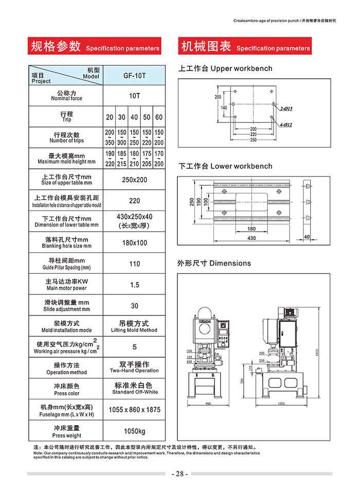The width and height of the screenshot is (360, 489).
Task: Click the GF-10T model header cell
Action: click(134, 75)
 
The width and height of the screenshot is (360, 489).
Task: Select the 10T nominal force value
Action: click(134, 96)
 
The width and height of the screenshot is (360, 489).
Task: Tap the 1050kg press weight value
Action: click(134, 431)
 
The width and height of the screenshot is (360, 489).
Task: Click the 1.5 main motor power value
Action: click(134, 285)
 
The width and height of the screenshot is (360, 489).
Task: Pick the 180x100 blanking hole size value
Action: click(134, 242)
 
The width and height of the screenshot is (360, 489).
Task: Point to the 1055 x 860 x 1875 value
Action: click(134, 410)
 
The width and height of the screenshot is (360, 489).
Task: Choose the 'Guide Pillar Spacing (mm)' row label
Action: click(66, 268)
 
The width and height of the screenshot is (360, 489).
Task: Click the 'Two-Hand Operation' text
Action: click(134, 371)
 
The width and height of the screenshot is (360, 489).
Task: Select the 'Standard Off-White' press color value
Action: click(134, 392)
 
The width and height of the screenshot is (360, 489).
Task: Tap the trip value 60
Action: click(159, 117)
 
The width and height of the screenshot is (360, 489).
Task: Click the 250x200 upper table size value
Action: click(134, 180)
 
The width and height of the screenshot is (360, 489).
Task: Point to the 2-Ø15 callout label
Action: click(286, 109)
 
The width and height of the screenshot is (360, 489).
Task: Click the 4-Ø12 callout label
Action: click(286, 125)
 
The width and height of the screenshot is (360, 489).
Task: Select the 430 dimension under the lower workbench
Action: click(251, 238)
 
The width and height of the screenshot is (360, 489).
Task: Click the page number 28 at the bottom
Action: click(179, 474)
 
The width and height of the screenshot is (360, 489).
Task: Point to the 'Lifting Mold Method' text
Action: click(134, 330)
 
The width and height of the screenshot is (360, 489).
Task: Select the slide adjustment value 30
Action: click(134, 306)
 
